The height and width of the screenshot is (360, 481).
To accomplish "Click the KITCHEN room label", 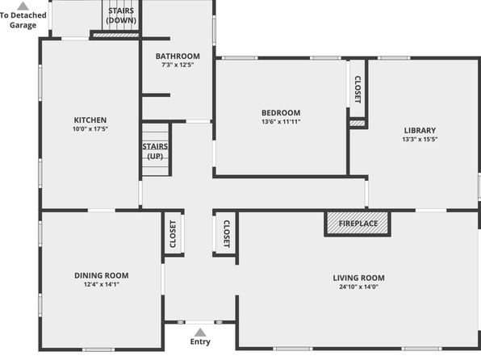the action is tap(90, 120).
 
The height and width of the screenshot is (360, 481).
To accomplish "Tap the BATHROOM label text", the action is tap(178, 57).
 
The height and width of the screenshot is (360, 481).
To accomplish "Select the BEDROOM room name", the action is tap(281, 113).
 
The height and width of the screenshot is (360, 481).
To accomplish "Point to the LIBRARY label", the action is tap(420, 131).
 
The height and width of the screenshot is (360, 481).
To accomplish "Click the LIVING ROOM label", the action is tap(358, 278).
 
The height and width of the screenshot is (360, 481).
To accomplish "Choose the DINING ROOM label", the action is tap(102, 275).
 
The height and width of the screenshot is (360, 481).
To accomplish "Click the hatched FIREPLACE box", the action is tap(358, 224).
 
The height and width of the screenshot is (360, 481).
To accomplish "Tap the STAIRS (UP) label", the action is tap(155, 151).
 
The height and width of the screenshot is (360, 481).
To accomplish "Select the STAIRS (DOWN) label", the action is tap(121, 15).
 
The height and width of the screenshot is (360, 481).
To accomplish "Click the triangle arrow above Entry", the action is tap(200, 333).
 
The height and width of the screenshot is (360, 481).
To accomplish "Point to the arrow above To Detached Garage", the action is tap(23, 6).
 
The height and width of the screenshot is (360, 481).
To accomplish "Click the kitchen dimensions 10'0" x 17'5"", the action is tap(90, 129).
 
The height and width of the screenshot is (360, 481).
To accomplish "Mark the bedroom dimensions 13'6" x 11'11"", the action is tap(281, 122).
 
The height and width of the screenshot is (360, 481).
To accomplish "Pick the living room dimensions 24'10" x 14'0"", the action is tap(358, 287).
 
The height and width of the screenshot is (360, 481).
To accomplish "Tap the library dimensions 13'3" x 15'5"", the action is tap(420, 139).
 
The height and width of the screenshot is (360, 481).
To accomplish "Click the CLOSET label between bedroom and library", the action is tap(358, 90).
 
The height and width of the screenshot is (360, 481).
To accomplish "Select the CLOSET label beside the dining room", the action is tap(173, 234).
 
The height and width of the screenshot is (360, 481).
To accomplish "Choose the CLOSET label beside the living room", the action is tap(227, 234).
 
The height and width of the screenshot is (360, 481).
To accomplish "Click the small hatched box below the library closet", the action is tap(358, 123).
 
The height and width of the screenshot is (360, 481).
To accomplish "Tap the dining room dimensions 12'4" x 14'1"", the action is tap(102, 284).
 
